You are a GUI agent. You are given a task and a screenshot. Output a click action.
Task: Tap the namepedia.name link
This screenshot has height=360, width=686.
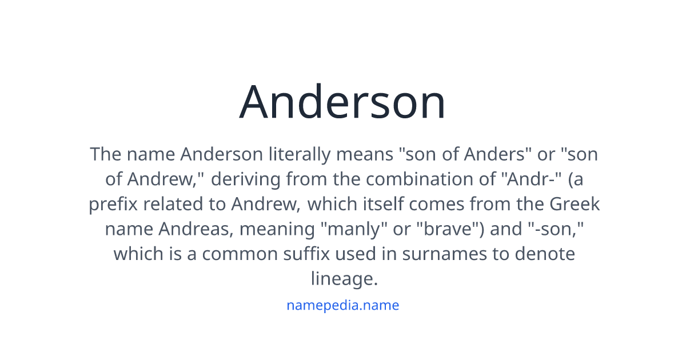pos(342,305)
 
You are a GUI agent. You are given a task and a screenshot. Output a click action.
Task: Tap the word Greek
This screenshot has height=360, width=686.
pos(575,204)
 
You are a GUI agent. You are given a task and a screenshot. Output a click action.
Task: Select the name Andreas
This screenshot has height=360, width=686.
pos(196,229)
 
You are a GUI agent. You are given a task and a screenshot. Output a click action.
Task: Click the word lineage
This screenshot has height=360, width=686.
pos(344,278)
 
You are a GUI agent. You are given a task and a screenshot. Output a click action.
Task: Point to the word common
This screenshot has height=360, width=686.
pos(240,253)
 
